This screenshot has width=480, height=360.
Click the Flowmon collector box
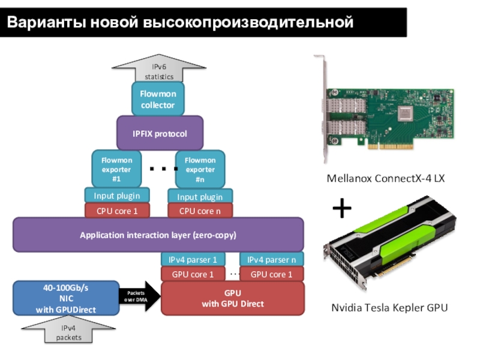[158, 99]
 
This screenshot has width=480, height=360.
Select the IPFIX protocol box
[160, 133]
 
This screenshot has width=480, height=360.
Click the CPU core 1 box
[117, 211]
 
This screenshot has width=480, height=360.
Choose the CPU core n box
[200, 211]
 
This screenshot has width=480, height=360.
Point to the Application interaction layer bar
[158, 235]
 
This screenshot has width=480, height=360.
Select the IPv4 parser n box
[272, 260]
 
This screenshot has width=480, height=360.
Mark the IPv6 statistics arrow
[158, 70]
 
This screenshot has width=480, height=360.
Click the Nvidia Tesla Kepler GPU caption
[389, 308]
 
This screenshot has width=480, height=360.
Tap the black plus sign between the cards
[341, 209]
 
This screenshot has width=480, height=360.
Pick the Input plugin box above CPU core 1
[117, 196]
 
